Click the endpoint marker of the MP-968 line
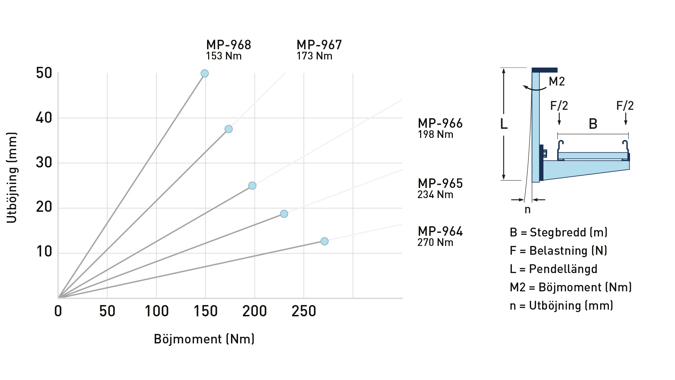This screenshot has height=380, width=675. [205, 74]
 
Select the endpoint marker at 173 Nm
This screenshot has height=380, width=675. [229, 129]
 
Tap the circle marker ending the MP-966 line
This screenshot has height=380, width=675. [252, 185]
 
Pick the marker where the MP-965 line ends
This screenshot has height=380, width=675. [284, 214]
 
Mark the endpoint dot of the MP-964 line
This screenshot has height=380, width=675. [324, 241]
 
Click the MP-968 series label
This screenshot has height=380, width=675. [229, 45]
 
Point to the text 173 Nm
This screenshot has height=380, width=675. [314, 56]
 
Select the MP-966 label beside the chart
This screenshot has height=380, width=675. [440, 123]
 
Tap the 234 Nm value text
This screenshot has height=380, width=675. [435, 195]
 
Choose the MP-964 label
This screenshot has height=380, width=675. [440, 232]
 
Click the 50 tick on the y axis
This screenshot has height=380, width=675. [44, 73]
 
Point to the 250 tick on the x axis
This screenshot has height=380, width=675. [304, 311]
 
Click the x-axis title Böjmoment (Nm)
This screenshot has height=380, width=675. [204, 339]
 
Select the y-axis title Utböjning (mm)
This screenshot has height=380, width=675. [12, 178]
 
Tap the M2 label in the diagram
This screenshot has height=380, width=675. [557, 82]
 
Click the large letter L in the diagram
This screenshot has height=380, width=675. [504, 124]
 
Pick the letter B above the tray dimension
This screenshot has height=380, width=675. [593, 124]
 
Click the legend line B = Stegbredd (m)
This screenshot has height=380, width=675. [559, 232]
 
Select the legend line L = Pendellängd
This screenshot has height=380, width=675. [553, 269]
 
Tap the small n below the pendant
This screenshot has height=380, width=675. [527, 210]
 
